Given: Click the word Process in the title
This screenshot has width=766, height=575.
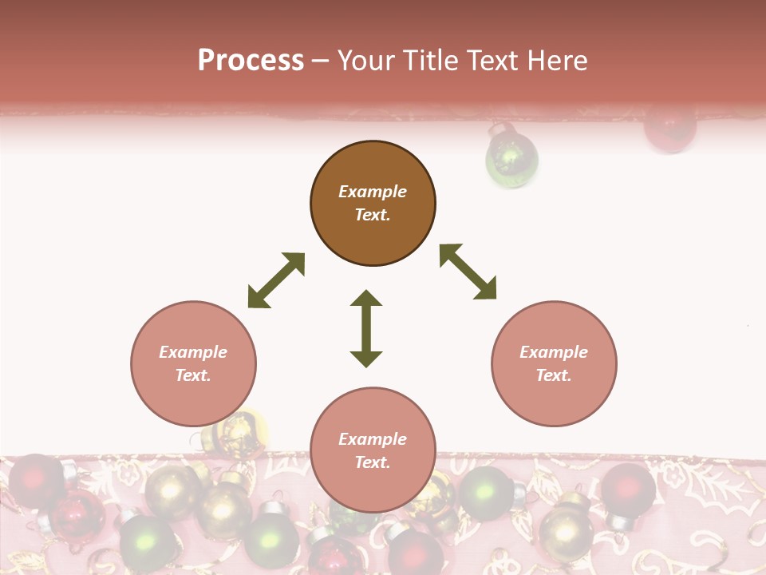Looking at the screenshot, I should coord(251,60).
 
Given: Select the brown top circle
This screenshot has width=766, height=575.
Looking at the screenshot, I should coord(373,204).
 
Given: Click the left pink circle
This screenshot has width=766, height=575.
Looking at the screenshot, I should coord(193,364).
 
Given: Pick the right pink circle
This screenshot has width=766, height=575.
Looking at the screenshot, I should coord(554,364).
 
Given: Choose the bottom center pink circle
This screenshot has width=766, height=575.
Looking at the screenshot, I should coord(373,450).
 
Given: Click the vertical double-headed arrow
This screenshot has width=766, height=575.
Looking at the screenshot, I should coord(366,328).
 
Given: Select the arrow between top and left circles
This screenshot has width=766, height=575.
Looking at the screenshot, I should coord(276,280).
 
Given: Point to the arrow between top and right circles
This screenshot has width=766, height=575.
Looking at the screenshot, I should coord(468,272).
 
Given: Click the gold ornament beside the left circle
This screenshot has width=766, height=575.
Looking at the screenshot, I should coord(238,436).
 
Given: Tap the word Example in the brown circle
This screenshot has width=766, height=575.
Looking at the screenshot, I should coord(373,192).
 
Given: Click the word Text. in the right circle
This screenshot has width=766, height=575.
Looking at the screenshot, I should coord(554,375).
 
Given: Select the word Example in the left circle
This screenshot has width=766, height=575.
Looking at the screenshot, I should coord(193,352).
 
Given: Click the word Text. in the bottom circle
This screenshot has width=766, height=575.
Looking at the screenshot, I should coord(373,462).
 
